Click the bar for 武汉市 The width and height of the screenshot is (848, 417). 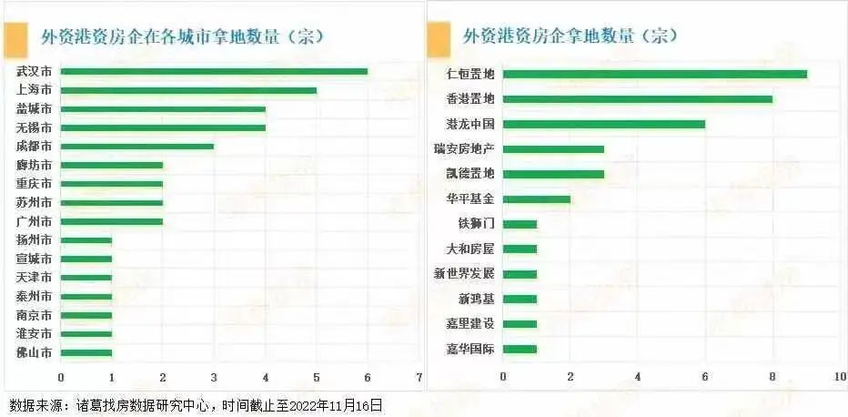(x=214, y=71)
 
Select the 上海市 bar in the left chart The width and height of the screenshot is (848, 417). (x=188, y=90)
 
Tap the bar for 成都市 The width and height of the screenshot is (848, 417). (x=137, y=146)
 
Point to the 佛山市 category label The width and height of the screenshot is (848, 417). (x=34, y=352)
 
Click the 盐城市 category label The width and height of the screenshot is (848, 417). (x=34, y=108)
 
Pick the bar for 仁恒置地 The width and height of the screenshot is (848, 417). (x=654, y=74)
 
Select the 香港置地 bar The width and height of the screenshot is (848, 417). (x=637, y=98)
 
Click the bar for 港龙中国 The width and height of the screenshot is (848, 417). (x=603, y=124)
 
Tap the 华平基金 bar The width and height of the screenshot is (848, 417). (x=536, y=198)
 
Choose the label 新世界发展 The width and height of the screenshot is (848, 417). (x=464, y=273)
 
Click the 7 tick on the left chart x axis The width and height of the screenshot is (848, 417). (x=419, y=377)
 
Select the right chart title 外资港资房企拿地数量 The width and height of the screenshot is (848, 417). (x=571, y=36)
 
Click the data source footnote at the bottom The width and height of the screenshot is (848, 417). (x=196, y=405)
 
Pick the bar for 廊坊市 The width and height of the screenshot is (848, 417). (x=112, y=165)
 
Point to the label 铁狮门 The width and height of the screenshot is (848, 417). (x=477, y=223)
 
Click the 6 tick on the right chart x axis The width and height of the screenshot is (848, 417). (x=705, y=376)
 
